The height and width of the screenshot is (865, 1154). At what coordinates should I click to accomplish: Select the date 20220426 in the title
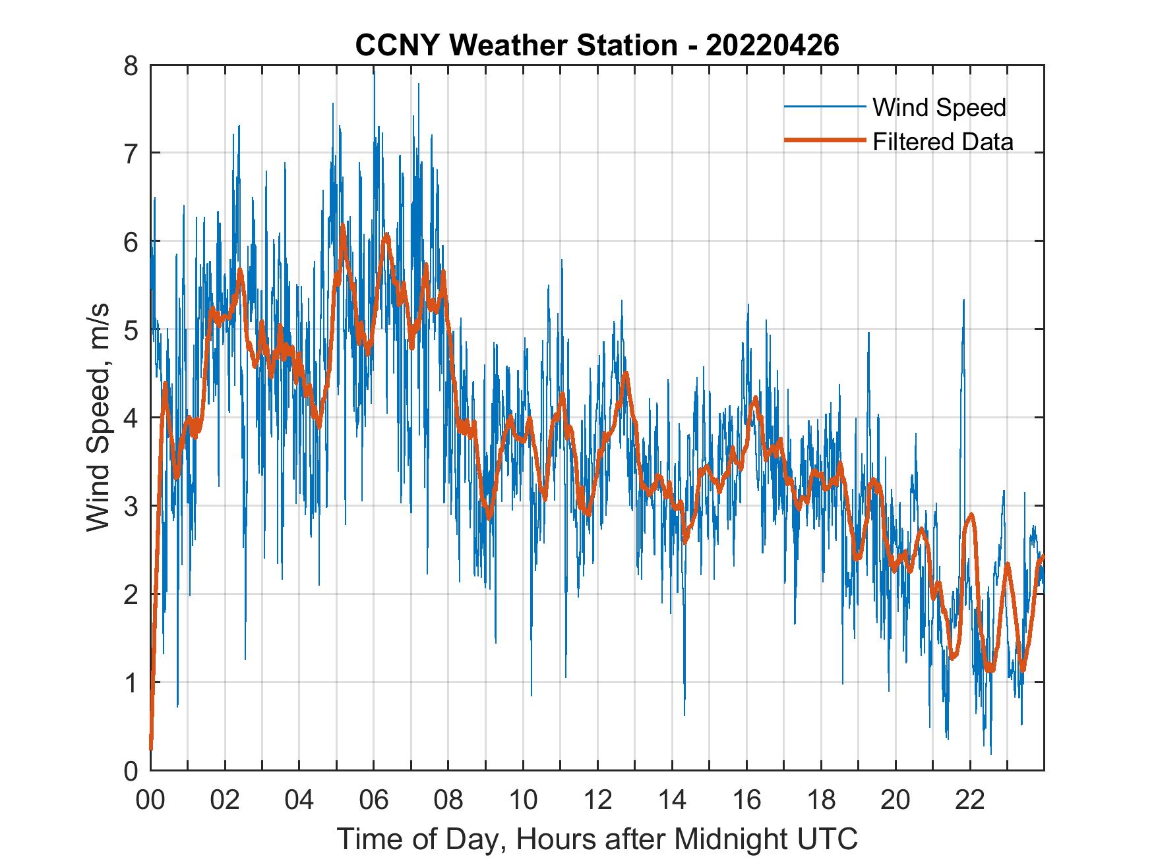tap(772, 45)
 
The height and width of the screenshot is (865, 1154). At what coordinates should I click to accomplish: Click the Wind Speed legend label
tap(939, 107)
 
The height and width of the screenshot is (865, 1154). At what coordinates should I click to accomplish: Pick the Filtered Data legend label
tap(942, 142)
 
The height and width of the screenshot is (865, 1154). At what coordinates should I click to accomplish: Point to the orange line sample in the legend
tap(824, 141)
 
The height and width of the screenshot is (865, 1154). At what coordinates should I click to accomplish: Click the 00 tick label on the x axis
tap(151, 800)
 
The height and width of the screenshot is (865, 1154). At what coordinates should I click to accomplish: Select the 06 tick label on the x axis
tap(374, 800)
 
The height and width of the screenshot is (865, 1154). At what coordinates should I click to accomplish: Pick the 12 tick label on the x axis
tap(597, 800)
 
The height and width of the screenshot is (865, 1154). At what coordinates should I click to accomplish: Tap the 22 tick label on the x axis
tap(970, 800)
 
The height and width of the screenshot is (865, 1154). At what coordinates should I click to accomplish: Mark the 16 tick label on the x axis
tap(746, 800)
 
